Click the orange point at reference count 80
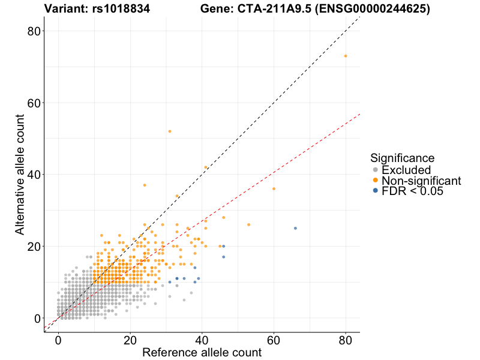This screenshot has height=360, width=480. (x=346, y=56)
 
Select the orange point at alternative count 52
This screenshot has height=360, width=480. (x=170, y=131)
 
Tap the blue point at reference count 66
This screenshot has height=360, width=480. (x=295, y=228)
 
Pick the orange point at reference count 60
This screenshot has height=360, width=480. (x=274, y=189)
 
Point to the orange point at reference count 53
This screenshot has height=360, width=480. (x=248, y=224)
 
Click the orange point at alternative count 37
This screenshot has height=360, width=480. (x=145, y=185)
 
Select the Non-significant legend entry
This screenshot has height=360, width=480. (x=421, y=181)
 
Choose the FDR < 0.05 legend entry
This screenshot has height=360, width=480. (x=412, y=191)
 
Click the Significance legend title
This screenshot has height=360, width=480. (x=402, y=158)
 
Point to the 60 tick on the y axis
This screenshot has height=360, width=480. (x=37, y=103)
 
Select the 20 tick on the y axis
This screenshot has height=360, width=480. (x=37, y=246)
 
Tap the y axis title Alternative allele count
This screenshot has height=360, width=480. (x=20, y=174)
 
